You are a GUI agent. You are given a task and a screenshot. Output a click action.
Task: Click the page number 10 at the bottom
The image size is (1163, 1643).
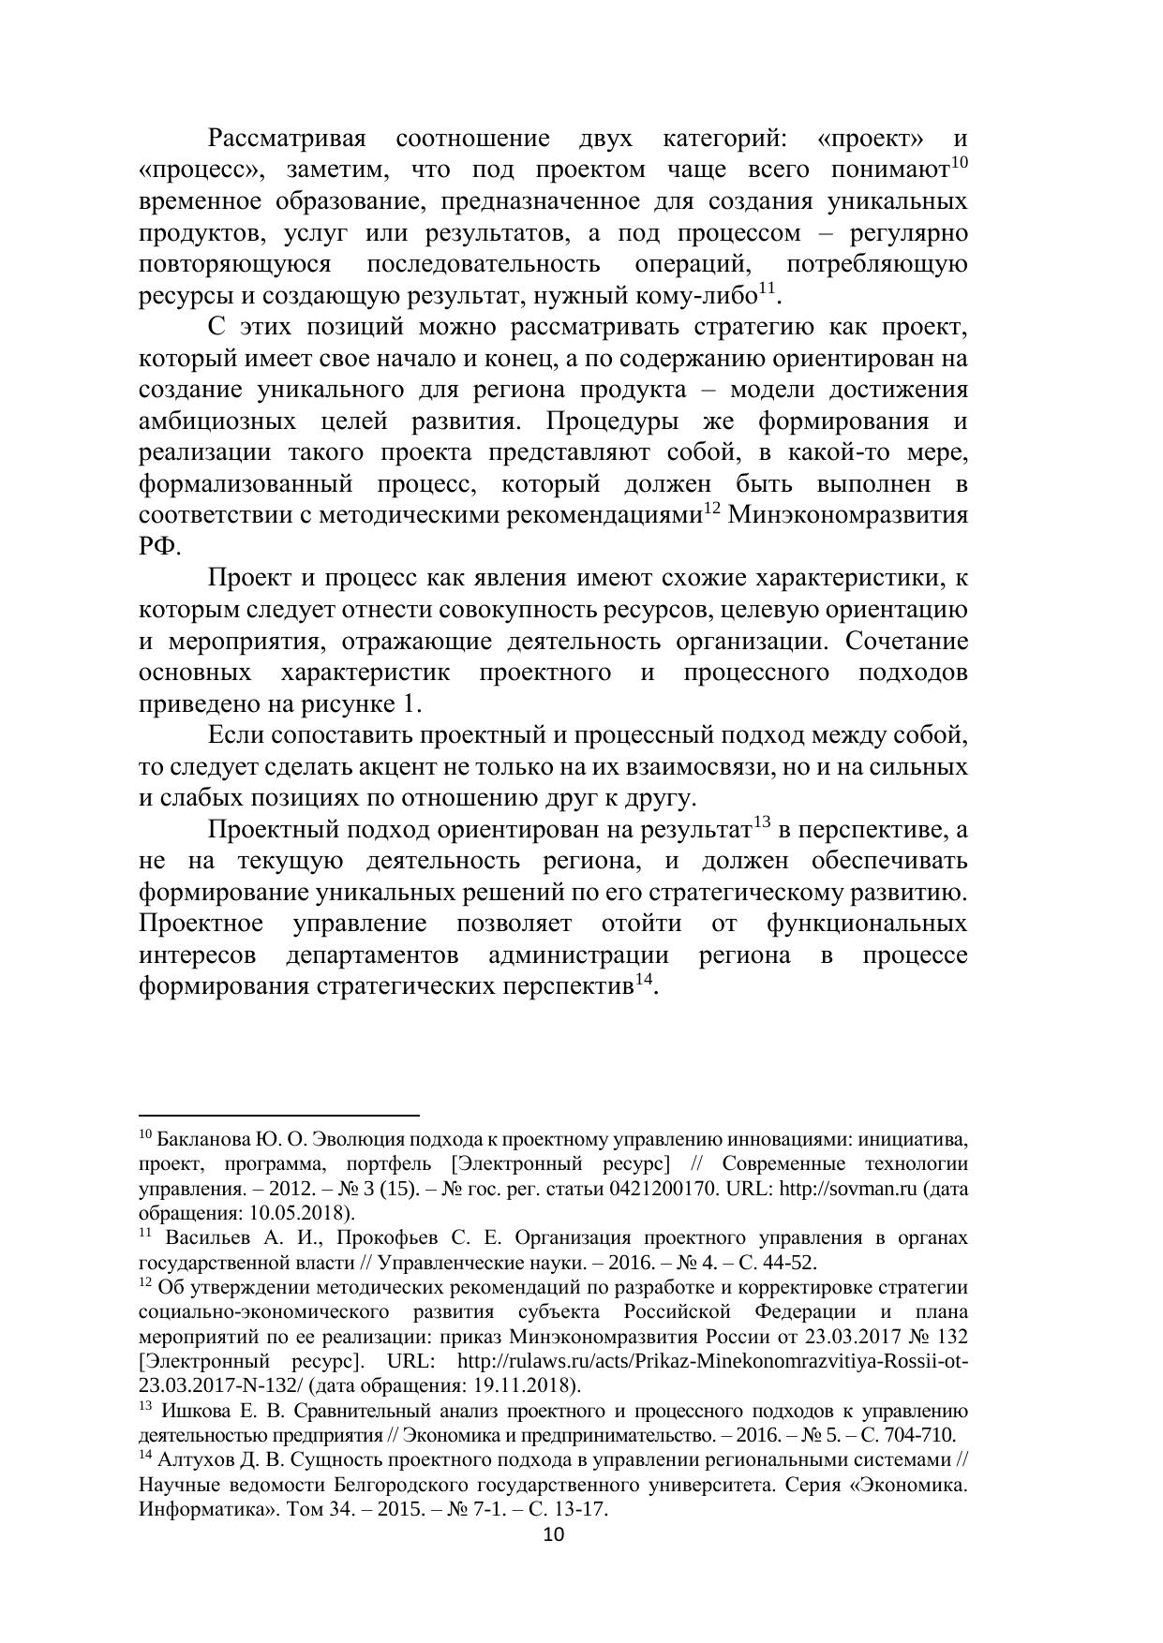(x=554, y=1534)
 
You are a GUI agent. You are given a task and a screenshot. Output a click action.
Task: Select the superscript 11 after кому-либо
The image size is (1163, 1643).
(x=766, y=289)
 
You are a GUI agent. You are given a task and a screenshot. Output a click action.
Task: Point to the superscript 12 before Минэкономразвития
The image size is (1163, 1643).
(x=711, y=509)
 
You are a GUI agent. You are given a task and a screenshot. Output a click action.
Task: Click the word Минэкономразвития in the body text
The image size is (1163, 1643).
(x=847, y=516)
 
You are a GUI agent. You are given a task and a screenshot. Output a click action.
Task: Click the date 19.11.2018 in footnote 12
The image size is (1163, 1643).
(x=529, y=1385)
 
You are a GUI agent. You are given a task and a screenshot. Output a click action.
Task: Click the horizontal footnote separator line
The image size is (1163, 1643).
(x=278, y=1116)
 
